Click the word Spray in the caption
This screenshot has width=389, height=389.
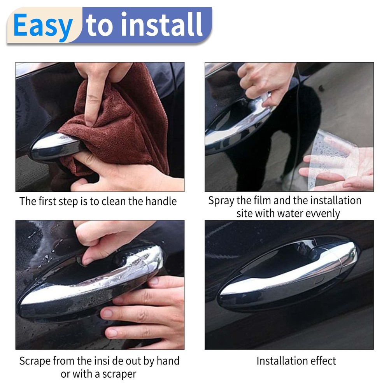pyautogui.click(x=221, y=201)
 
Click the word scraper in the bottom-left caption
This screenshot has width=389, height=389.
pyautogui.click(x=117, y=374)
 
